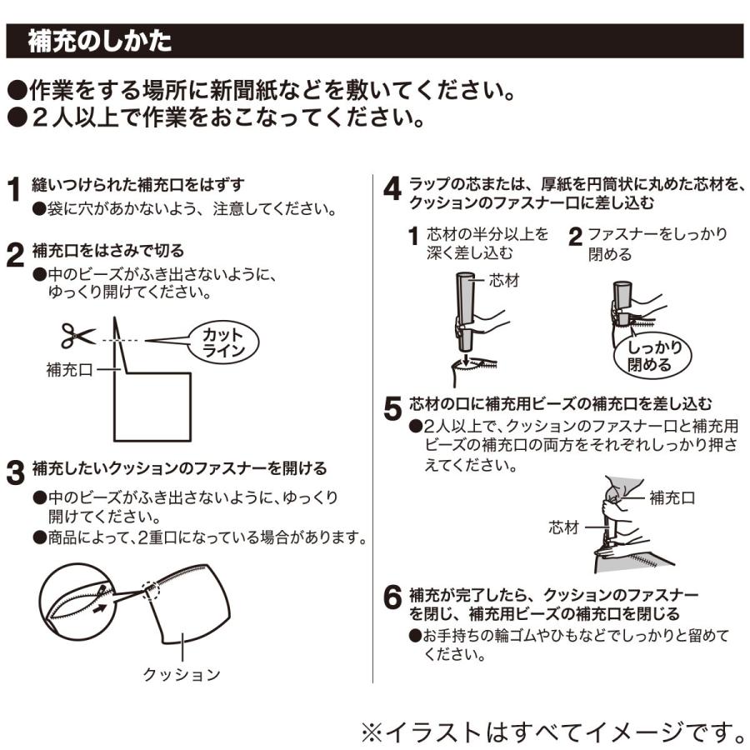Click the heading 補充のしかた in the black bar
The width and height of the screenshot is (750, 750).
click(x=100, y=41)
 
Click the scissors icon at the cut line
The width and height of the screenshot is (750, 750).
click(x=77, y=336)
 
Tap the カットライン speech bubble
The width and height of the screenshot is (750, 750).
click(x=224, y=342)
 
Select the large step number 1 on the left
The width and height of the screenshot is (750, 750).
click(x=14, y=190)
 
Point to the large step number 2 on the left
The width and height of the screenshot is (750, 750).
click(x=14, y=255)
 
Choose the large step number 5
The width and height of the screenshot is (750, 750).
click(x=392, y=408)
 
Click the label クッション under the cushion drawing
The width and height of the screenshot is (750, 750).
click(x=182, y=673)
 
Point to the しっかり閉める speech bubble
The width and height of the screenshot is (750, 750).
click(x=655, y=356)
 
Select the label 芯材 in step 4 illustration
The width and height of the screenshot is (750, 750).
click(x=503, y=281)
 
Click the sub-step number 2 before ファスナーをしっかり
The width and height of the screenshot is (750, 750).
click(x=574, y=237)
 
